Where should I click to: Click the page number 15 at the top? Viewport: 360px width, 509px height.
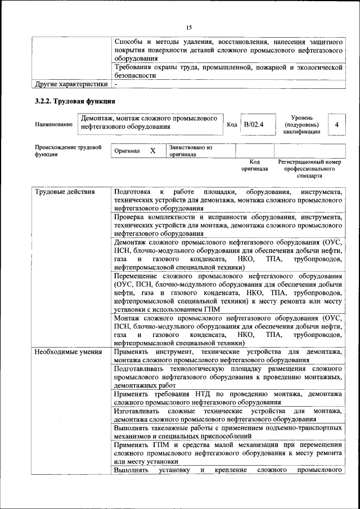click(189, 27)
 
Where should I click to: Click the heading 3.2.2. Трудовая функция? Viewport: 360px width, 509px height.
click(75, 102)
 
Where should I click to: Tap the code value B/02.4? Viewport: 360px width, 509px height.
click(253, 124)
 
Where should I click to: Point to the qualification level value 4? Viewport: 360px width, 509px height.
click(336, 124)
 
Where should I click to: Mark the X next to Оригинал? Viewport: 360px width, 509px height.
click(152, 151)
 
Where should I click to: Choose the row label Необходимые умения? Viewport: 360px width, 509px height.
click(60, 352)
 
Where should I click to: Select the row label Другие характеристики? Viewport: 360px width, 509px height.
click(71, 84)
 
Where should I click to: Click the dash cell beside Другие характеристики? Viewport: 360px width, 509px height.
click(116, 84)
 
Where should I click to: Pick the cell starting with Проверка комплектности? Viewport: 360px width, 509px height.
click(228, 224)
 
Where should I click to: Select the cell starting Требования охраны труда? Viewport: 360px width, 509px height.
click(228, 71)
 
